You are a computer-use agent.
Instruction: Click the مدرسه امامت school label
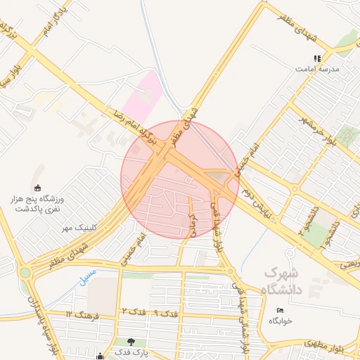(321, 70)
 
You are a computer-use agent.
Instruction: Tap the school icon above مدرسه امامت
(318, 58)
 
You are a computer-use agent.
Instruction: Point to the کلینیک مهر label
(78, 227)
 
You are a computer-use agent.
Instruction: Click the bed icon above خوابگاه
(280, 310)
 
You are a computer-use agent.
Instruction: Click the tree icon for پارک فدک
(131, 342)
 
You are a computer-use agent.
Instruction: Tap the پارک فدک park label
(133, 353)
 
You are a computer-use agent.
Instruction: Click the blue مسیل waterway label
(83, 272)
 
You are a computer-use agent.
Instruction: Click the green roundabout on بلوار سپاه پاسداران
(25, 272)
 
